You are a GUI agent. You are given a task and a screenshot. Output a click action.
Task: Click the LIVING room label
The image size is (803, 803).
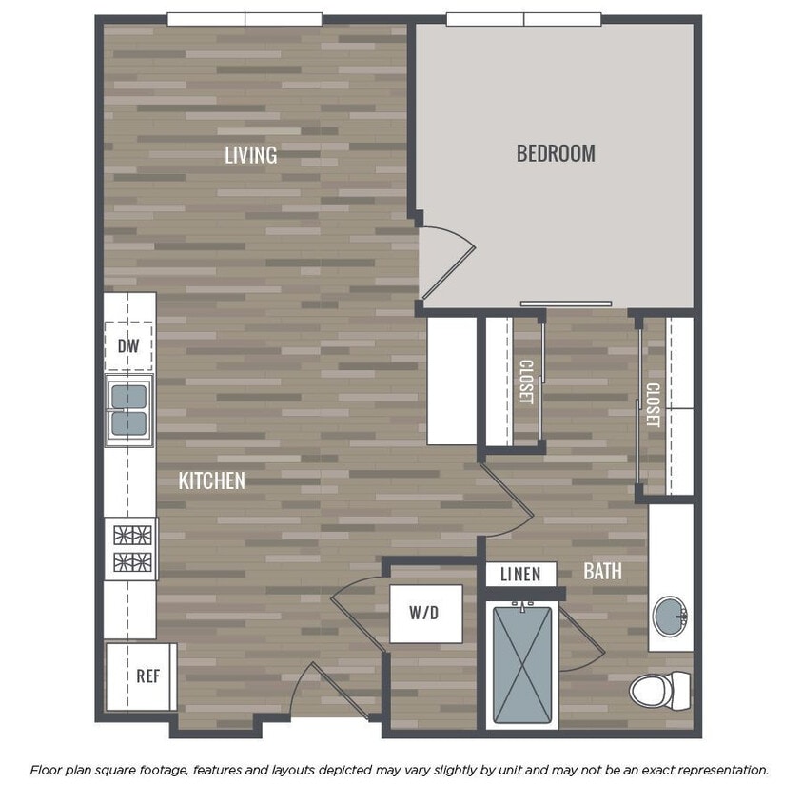pos(251,154)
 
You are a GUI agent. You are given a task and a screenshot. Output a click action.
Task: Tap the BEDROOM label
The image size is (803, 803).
pos(556,152)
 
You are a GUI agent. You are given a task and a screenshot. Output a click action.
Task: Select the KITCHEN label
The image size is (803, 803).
pos(212,480)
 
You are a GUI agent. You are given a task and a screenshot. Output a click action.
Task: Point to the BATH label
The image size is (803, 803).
pos(603,571)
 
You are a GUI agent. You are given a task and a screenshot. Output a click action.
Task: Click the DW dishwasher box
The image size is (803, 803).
pos(128,346)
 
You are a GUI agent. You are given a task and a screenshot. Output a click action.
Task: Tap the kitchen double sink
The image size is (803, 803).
pos(129,410)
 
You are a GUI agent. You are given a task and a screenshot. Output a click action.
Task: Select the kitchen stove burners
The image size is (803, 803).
pos(130,548)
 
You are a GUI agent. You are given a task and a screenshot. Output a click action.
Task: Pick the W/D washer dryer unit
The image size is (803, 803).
pos(424,614)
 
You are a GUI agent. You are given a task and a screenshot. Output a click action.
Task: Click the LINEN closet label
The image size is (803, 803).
pos(520,574)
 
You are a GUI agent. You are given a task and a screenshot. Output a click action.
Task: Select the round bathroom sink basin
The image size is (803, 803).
pos(671,617)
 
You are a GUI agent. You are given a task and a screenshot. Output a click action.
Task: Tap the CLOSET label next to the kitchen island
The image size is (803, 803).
pos(526,381)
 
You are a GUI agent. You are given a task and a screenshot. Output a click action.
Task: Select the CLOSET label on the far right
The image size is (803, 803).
pos(653,404)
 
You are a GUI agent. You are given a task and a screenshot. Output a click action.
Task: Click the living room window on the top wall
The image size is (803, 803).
pos(245,19)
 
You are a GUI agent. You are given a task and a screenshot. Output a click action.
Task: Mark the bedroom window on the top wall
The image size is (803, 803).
pos(523,19)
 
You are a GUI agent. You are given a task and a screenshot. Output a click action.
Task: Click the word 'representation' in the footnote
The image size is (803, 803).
pos(718,770)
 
